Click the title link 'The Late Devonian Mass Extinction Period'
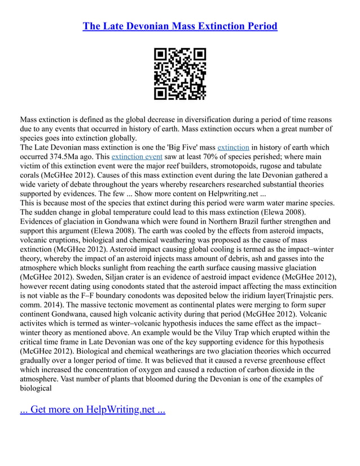tap(180, 27)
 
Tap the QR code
tap(180, 74)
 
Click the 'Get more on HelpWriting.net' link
tap(93, 409)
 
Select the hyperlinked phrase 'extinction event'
tap(137, 156)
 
